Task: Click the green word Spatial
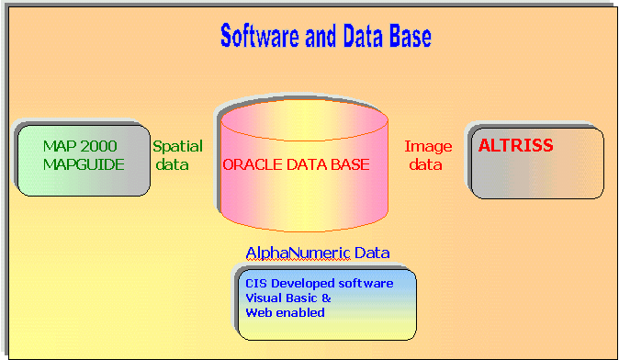coord(177,146)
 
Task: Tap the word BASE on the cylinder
coord(351,165)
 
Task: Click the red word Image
coord(428,146)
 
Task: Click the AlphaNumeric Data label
coord(317,253)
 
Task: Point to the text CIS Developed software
coord(319,283)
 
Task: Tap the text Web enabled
coord(285,312)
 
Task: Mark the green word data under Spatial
coord(170,165)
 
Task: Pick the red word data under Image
coord(424,165)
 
